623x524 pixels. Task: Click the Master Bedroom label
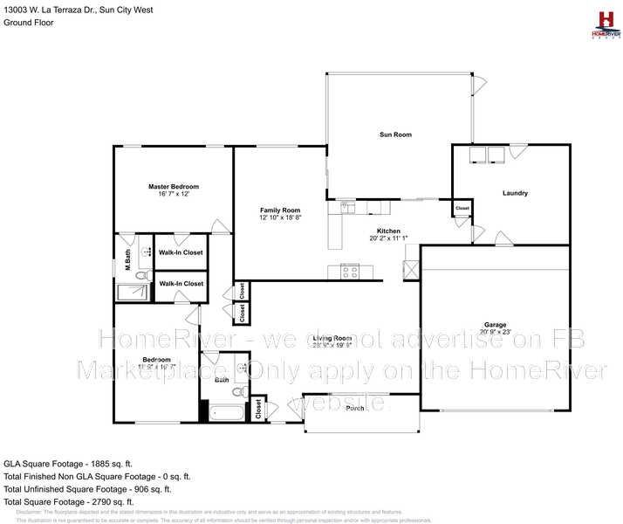pyautogui.click(x=173, y=186)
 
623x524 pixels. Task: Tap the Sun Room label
pyautogui.click(x=394, y=134)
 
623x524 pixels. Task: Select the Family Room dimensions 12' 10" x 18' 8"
pyautogui.click(x=280, y=218)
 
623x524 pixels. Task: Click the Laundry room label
pyautogui.click(x=515, y=193)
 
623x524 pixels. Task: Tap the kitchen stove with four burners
pyautogui.click(x=349, y=272)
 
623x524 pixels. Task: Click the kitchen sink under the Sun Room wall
pyautogui.click(x=350, y=208)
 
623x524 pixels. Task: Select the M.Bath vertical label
pyautogui.click(x=127, y=259)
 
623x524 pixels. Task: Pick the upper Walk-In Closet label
pyautogui.click(x=181, y=252)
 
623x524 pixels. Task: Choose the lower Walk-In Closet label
pyautogui.click(x=181, y=284)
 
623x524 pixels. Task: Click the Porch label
pyautogui.click(x=355, y=408)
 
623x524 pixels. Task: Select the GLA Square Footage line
pyautogui.click(x=67, y=463)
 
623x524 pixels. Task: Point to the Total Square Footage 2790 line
pyautogui.click(x=69, y=502)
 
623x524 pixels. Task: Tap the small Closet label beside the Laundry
pyautogui.click(x=462, y=209)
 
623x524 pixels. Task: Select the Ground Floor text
pyautogui.click(x=29, y=23)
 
